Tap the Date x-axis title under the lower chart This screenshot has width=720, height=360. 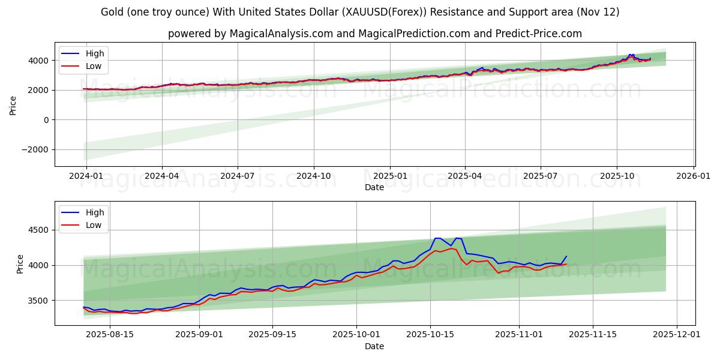374,346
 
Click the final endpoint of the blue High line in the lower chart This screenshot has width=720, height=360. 566,256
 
